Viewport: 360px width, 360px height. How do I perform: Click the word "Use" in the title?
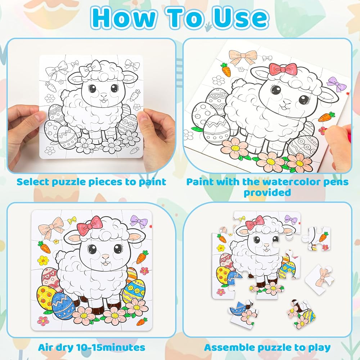240,18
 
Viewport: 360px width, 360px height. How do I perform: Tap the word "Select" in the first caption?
33,182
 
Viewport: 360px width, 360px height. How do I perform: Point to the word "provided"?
267,192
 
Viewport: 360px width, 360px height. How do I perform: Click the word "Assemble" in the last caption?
229,347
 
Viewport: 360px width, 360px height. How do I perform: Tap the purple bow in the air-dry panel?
139,221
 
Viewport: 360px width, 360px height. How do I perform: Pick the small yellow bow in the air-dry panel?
72,220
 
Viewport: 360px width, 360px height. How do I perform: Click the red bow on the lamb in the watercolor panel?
283,69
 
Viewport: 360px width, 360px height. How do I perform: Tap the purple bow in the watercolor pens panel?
337,84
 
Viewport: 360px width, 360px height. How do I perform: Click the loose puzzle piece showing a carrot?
318,239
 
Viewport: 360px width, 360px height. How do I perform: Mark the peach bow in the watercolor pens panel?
242,57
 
